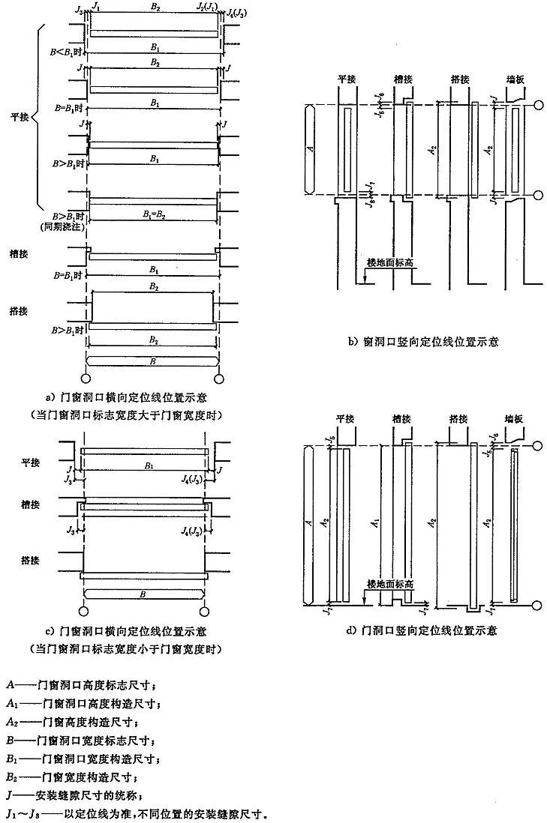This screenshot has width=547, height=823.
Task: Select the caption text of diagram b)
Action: point(424,341)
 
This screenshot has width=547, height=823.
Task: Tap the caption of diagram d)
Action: point(423,630)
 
